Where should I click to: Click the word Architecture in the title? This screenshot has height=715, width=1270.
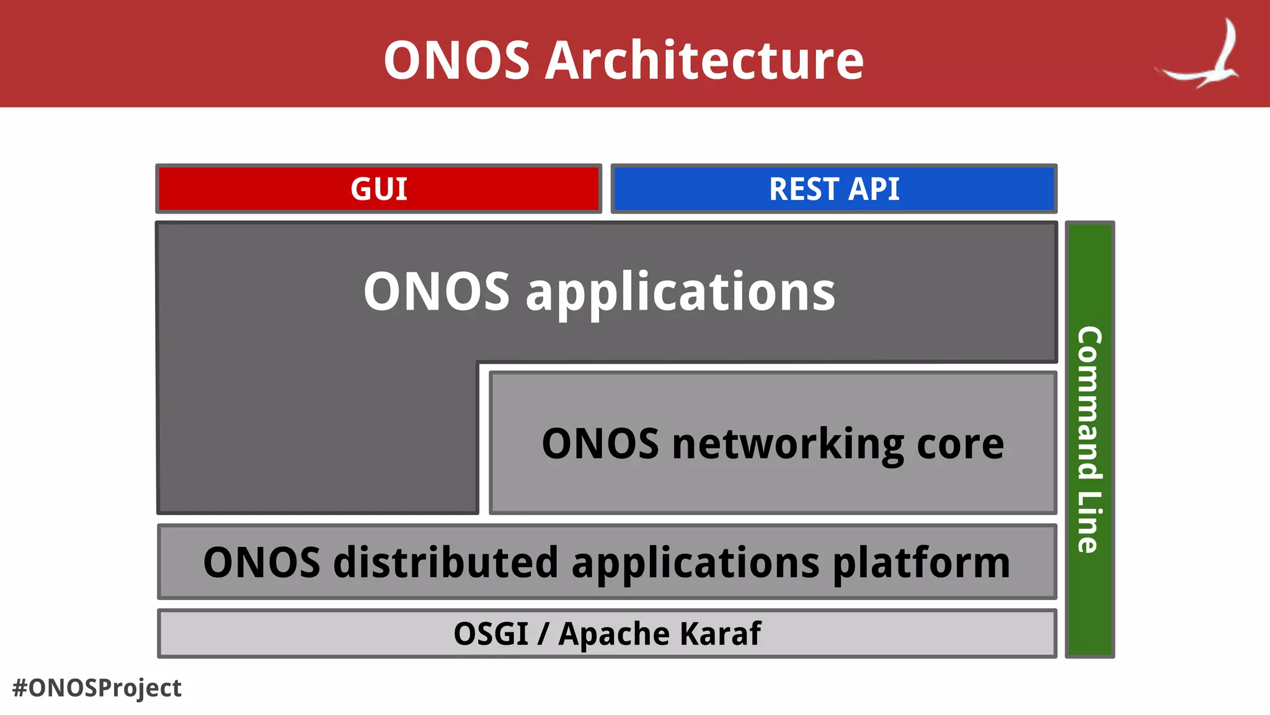pyautogui.click(x=704, y=60)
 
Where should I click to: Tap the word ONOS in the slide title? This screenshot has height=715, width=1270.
pyautogui.click(x=456, y=60)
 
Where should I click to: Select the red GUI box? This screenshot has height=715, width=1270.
pyautogui.click(x=379, y=189)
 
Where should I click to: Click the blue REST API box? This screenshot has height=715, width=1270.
pyautogui.click(x=834, y=189)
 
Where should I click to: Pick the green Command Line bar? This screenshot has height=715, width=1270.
pyautogui.click(x=1090, y=439)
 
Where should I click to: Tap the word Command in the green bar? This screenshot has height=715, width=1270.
pyautogui.click(x=1090, y=403)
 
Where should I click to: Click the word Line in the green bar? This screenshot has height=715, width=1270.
pyautogui.click(x=1090, y=522)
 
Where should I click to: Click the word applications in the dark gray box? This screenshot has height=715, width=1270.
pyautogui.click(x=680, y=293)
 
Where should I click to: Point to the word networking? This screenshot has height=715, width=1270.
pyautogui.click(x=788, y=444)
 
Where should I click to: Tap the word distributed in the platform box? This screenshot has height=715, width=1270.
pyautogui.click(x=446, y=562)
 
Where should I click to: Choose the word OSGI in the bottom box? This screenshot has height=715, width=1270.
pyautogui.click(x=491, y=634)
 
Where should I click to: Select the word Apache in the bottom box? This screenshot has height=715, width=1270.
pyautogui.click(x=615, y=634)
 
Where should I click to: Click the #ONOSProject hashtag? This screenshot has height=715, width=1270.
pyautogui.click(x=97, y=688)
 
